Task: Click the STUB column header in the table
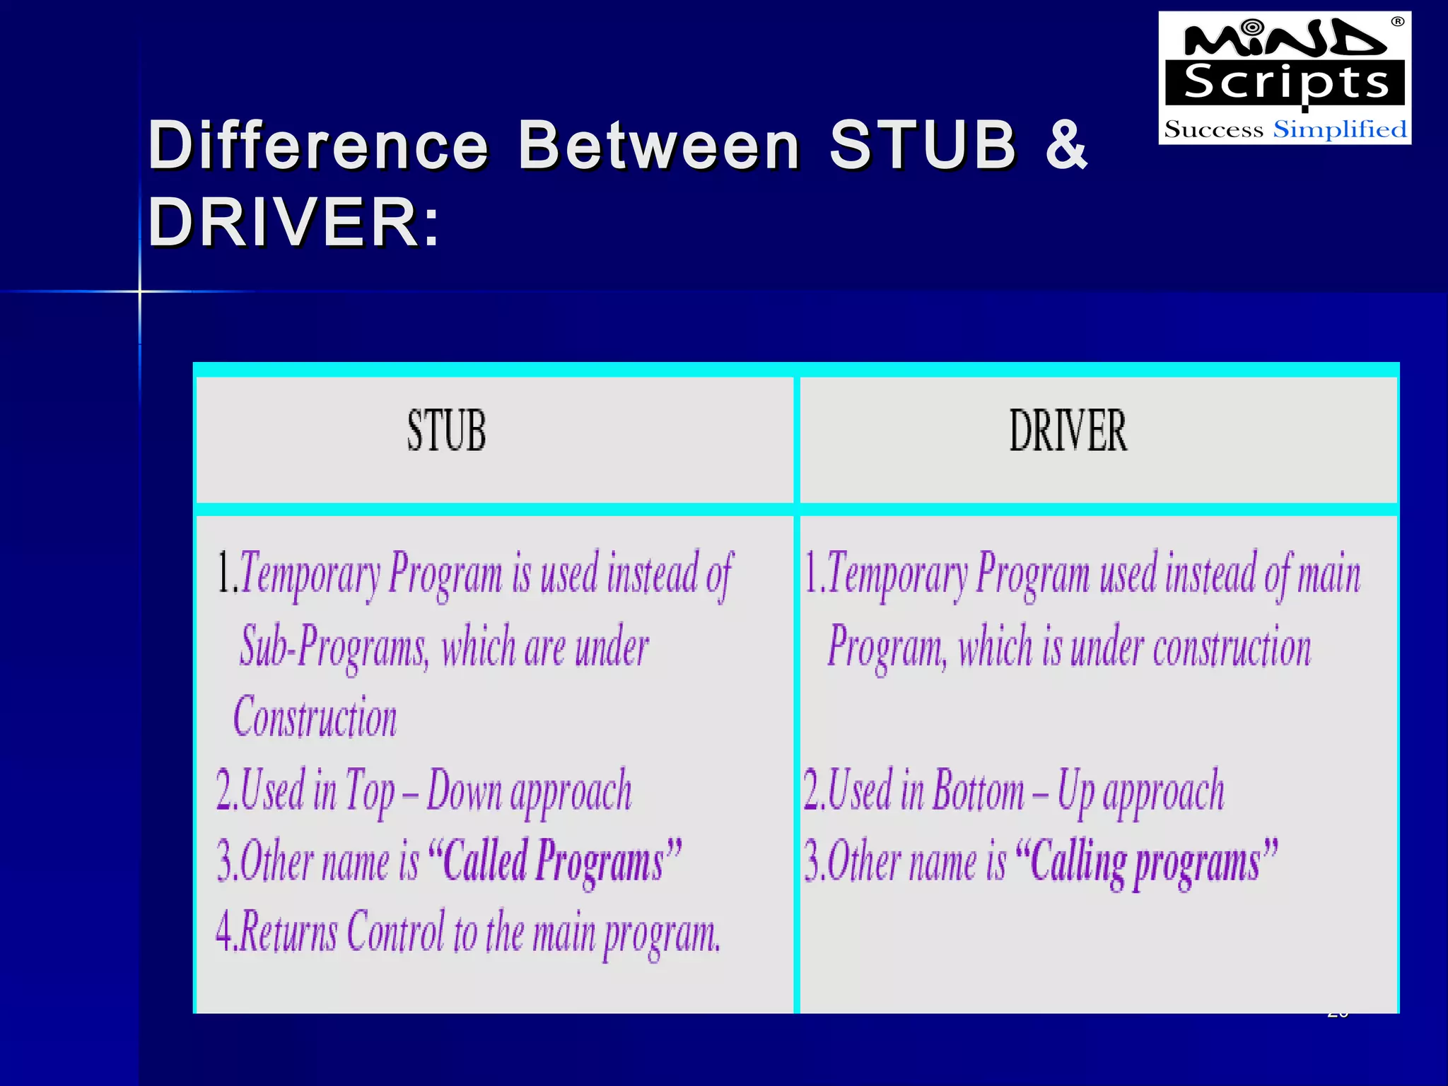pos(446,431)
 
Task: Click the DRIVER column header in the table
pos(1068,431)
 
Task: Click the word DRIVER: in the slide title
pos(293,222)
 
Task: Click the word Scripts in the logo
pos(1286,83)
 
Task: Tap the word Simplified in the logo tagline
pos(1340,129)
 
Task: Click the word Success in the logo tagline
pos(1213,129)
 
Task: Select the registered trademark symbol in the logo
pos(1397,22)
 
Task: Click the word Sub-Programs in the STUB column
pos(334,646)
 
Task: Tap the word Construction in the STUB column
pos(315,717)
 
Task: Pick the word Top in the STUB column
pos(369,791)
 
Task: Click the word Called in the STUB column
pos(485,861)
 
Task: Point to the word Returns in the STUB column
pos(289,932)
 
